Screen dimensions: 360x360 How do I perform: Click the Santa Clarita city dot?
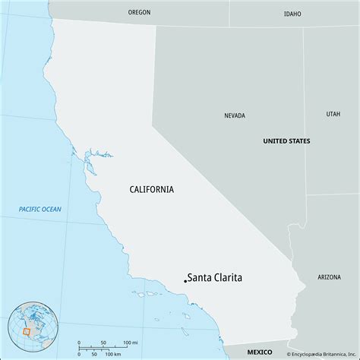tap(185, 281)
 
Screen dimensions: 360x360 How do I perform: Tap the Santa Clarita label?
tap(216, 278)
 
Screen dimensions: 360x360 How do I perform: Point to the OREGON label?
tap(140, 13)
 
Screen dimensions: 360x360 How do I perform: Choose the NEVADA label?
tap(235, 115)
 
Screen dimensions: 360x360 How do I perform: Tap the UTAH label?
tap(333, 114)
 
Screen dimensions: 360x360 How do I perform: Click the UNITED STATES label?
tap(286, 141)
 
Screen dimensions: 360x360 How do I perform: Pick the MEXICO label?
tap(261, 352)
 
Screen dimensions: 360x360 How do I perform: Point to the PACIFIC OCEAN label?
tap(41, 209)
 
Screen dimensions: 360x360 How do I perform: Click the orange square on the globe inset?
tap(28, 332)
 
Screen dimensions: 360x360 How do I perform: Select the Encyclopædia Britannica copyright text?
tap(321, 353)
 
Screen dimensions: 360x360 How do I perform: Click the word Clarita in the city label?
tap(227, 278)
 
